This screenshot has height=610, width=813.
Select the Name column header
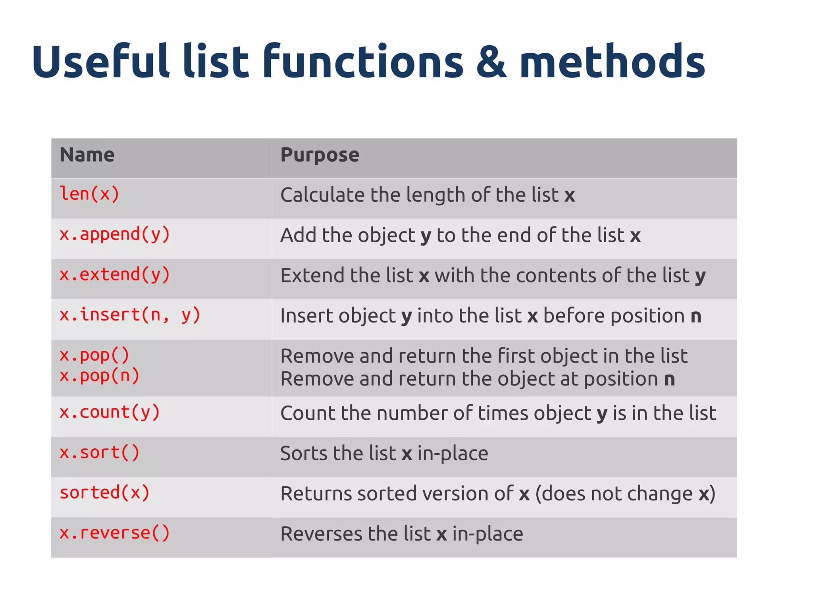[x=87, y=155]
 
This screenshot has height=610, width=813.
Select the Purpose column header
[x=320, y=155]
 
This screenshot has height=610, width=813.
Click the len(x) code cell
[x=89, y=194]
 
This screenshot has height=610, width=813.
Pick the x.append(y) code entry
[x=115, y=234]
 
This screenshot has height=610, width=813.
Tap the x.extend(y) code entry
[x=115, y=275]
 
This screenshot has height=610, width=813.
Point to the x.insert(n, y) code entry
[x=130, y=315]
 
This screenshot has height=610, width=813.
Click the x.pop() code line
[x=94, y=355]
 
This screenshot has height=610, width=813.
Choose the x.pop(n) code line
[x=99, y=376]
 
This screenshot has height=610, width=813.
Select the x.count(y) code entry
[x=110, y=412]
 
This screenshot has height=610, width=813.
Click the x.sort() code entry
[x=99, y=453]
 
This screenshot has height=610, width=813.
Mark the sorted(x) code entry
[x=104, y=493]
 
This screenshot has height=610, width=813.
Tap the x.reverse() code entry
[x=115, y=533]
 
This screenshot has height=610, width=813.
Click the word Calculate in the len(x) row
[x=322, y=195]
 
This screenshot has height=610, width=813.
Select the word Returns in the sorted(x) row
[x=316, y=494]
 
